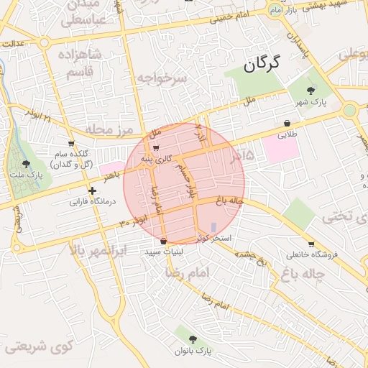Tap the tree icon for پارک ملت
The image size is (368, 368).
[x=27, y=165]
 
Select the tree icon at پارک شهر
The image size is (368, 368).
[x=310, y=90]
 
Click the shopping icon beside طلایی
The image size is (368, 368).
[x=287, y=123]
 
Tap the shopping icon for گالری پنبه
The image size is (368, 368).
[x=157, y=148]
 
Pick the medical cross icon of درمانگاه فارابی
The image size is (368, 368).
[x=92, y=190]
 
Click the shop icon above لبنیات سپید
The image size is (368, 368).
[x=165, y=241]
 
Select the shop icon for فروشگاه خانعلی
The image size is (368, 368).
[x=310, y=244]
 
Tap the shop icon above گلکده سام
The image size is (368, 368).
[x=70, y=144]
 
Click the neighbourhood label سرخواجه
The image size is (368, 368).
[x=162, y=77]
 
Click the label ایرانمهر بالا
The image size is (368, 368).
[x=99, y=252]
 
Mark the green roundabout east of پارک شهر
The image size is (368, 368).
[x=350, y=110]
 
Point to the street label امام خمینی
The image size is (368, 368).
[x=231, y=17]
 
